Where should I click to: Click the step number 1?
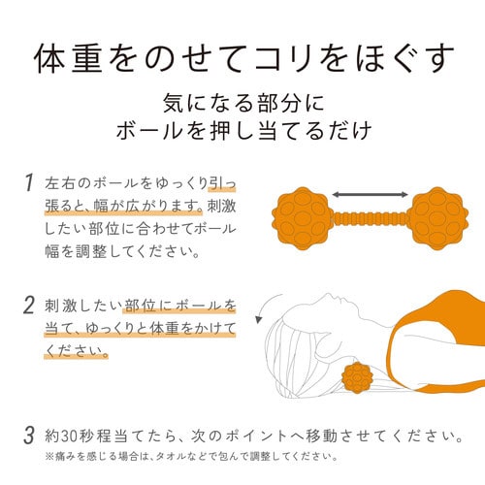click(x=29, y=182)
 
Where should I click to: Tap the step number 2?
click(x=29, y=305)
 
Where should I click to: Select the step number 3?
click(x=29, y=436)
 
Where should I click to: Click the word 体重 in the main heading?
click(x=68, y=58)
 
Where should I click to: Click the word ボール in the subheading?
click(x=147, y=131)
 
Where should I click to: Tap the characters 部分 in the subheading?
click(x=279, y=104)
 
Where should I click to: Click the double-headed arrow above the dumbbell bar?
click(x=370, y=194)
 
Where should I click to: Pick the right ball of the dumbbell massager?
click(x=437, y=218)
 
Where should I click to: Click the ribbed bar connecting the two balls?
click(x=370, y=219)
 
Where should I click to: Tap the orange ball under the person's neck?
click(x=357, y=377)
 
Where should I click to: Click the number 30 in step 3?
click(x=69, y=436)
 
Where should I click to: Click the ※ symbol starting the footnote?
click(x=49, y=457)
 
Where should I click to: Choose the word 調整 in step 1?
click(x=91, y=251)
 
